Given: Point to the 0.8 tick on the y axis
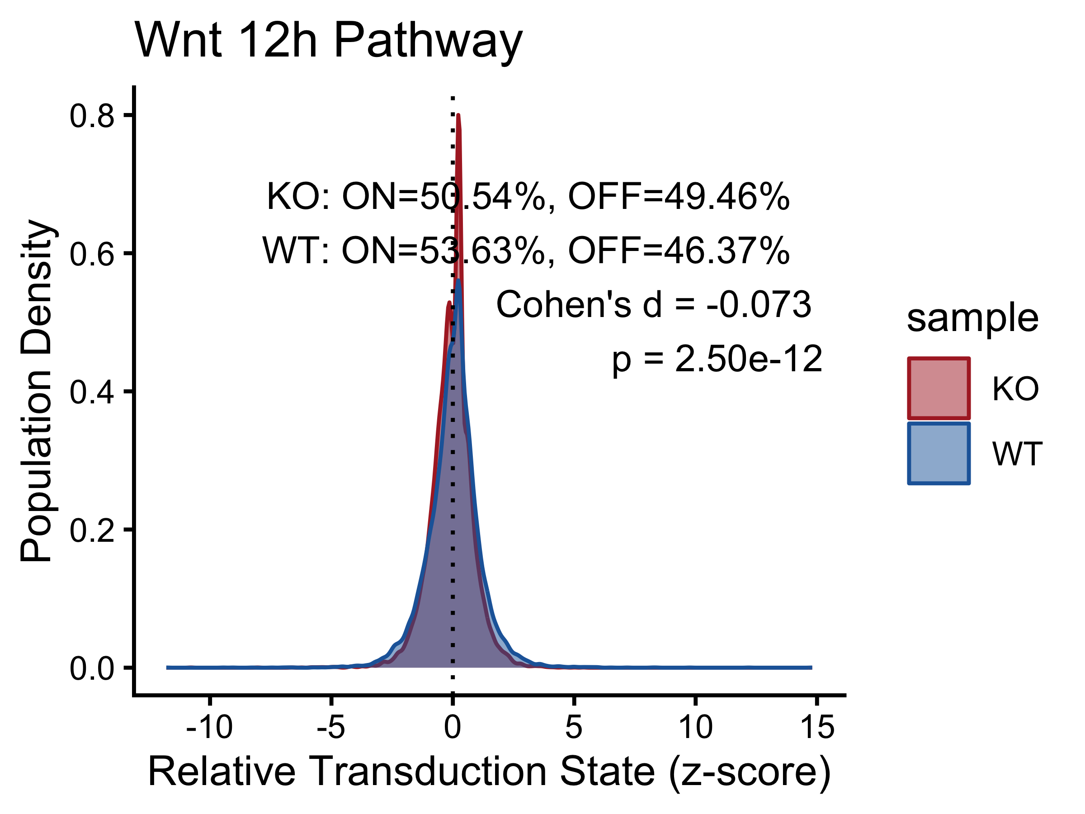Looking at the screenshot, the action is [x=92, y=116].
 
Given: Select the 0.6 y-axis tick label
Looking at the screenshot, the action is [x=92, y=255].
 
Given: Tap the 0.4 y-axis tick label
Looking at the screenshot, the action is [x=92, y=393].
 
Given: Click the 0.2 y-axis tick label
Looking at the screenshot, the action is [x=92, y=531].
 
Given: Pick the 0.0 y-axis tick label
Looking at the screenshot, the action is [x=92, y=669].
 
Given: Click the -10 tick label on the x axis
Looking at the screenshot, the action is [x=209, y=727].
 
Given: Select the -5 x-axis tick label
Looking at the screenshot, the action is [x=331, y=727].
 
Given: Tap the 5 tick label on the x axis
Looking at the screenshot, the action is [x=574, y=727].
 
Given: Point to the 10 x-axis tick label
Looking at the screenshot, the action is [x=696, y=727].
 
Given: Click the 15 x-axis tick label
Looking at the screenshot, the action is [x=817, y=727].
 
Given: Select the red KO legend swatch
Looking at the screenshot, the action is [x=939, y=388].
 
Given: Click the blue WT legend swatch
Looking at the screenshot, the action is [x=939, y=454].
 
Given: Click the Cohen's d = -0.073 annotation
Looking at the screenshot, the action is [x=654, y=304].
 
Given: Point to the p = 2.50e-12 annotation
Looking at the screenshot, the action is [x=717, y=360].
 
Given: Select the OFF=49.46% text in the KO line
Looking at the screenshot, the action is [x=679, y=196].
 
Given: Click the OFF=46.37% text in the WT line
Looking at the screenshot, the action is [x=679, y=250].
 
